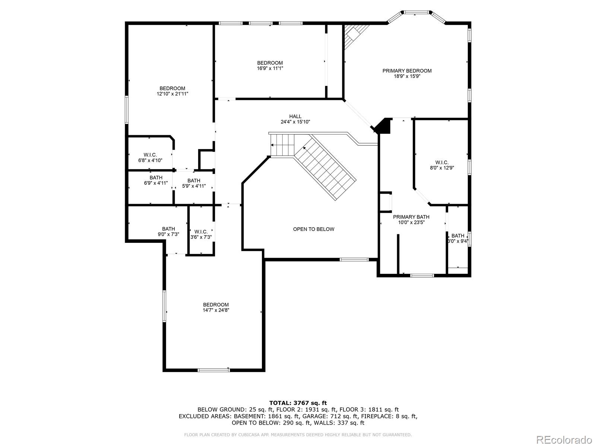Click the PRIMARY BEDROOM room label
(x=407, y=71)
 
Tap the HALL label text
(x=295, y=117)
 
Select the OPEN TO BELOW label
(x=314, y=229)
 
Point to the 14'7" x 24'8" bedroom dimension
(x=216, y=310)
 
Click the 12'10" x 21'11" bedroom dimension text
(x=172, y=94)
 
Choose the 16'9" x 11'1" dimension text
(x=270, y=69)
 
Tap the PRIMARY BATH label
(x=411, y=217)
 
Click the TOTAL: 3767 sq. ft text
(x=298, y=403)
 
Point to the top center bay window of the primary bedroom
(x=416, y=12)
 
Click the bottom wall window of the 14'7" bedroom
(x=214, y=370)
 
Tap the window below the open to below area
(x=354, y=260)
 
